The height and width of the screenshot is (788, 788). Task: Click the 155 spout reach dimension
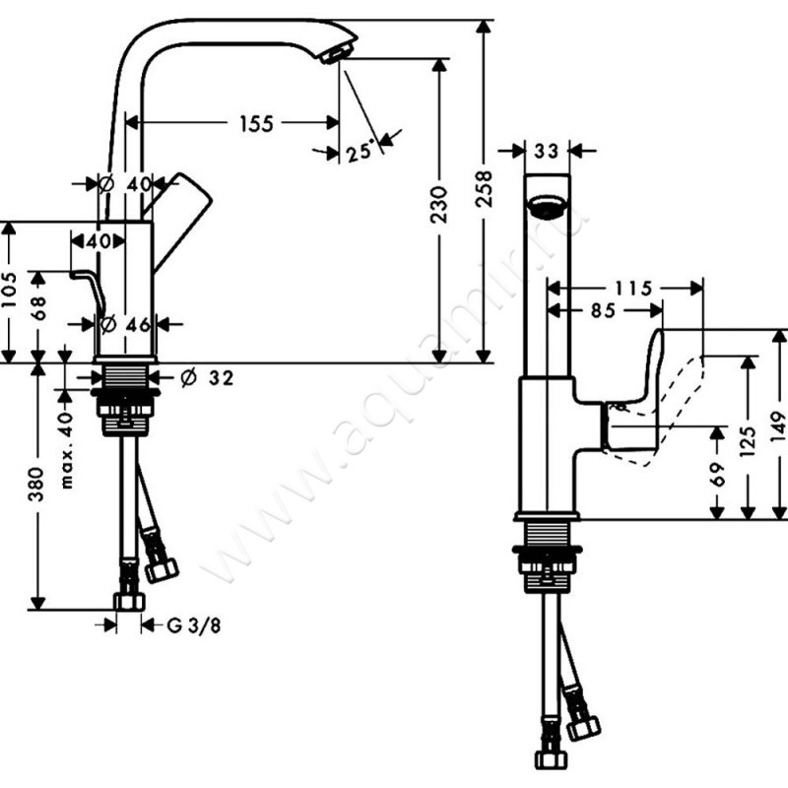click(255, 123)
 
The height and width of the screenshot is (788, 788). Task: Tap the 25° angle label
click(361, 151)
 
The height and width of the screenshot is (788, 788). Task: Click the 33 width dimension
click(547, 151)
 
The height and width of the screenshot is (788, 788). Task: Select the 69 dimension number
click(718, 474)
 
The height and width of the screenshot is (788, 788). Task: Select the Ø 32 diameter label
click(208, 377)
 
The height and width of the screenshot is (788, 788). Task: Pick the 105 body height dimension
click(10, 292)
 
